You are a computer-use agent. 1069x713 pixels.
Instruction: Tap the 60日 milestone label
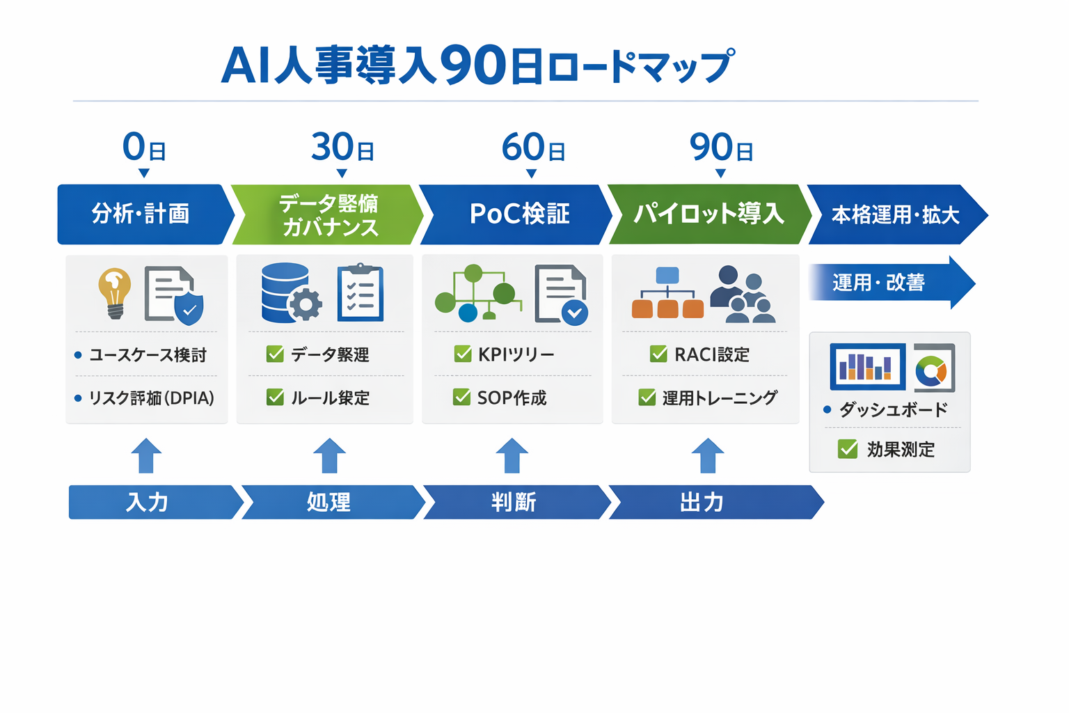coord(533,148)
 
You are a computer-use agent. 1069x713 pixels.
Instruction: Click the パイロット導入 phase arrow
coord(708,214)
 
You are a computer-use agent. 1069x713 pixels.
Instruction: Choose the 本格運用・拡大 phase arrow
coord(895,214)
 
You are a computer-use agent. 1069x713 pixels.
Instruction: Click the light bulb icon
coord(115,293)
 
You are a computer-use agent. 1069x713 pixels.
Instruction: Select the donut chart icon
coord(933,368)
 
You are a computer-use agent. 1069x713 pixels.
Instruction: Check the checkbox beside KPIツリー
coord(463,354)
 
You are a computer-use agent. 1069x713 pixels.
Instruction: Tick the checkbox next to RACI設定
coord(658,354)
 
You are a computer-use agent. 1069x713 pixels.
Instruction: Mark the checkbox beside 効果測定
coord(848,449)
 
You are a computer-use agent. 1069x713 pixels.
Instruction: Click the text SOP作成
coord(512,398)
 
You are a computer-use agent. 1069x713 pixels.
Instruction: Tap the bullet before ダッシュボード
coord(827,409)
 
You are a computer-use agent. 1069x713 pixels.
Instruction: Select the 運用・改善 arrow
coord(891,283)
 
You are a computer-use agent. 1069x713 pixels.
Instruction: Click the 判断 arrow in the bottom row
coord(515,502)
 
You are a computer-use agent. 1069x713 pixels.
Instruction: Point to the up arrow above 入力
coord(146,456)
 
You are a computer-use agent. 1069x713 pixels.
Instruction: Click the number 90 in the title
coord(473,65)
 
